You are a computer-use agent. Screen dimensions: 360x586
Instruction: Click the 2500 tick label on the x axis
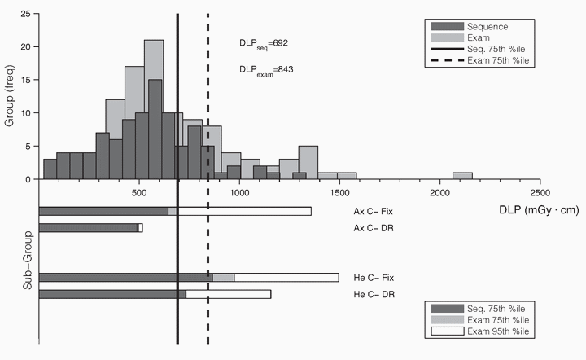tap(539, 194)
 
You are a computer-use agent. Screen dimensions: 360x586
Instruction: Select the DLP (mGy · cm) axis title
tap(540, 209)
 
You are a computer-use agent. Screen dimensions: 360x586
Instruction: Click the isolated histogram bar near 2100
tap(462, 176)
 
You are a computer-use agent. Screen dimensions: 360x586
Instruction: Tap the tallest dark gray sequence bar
tap(155, 129)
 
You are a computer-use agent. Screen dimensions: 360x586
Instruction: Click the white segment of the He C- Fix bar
tap(286, 278)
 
